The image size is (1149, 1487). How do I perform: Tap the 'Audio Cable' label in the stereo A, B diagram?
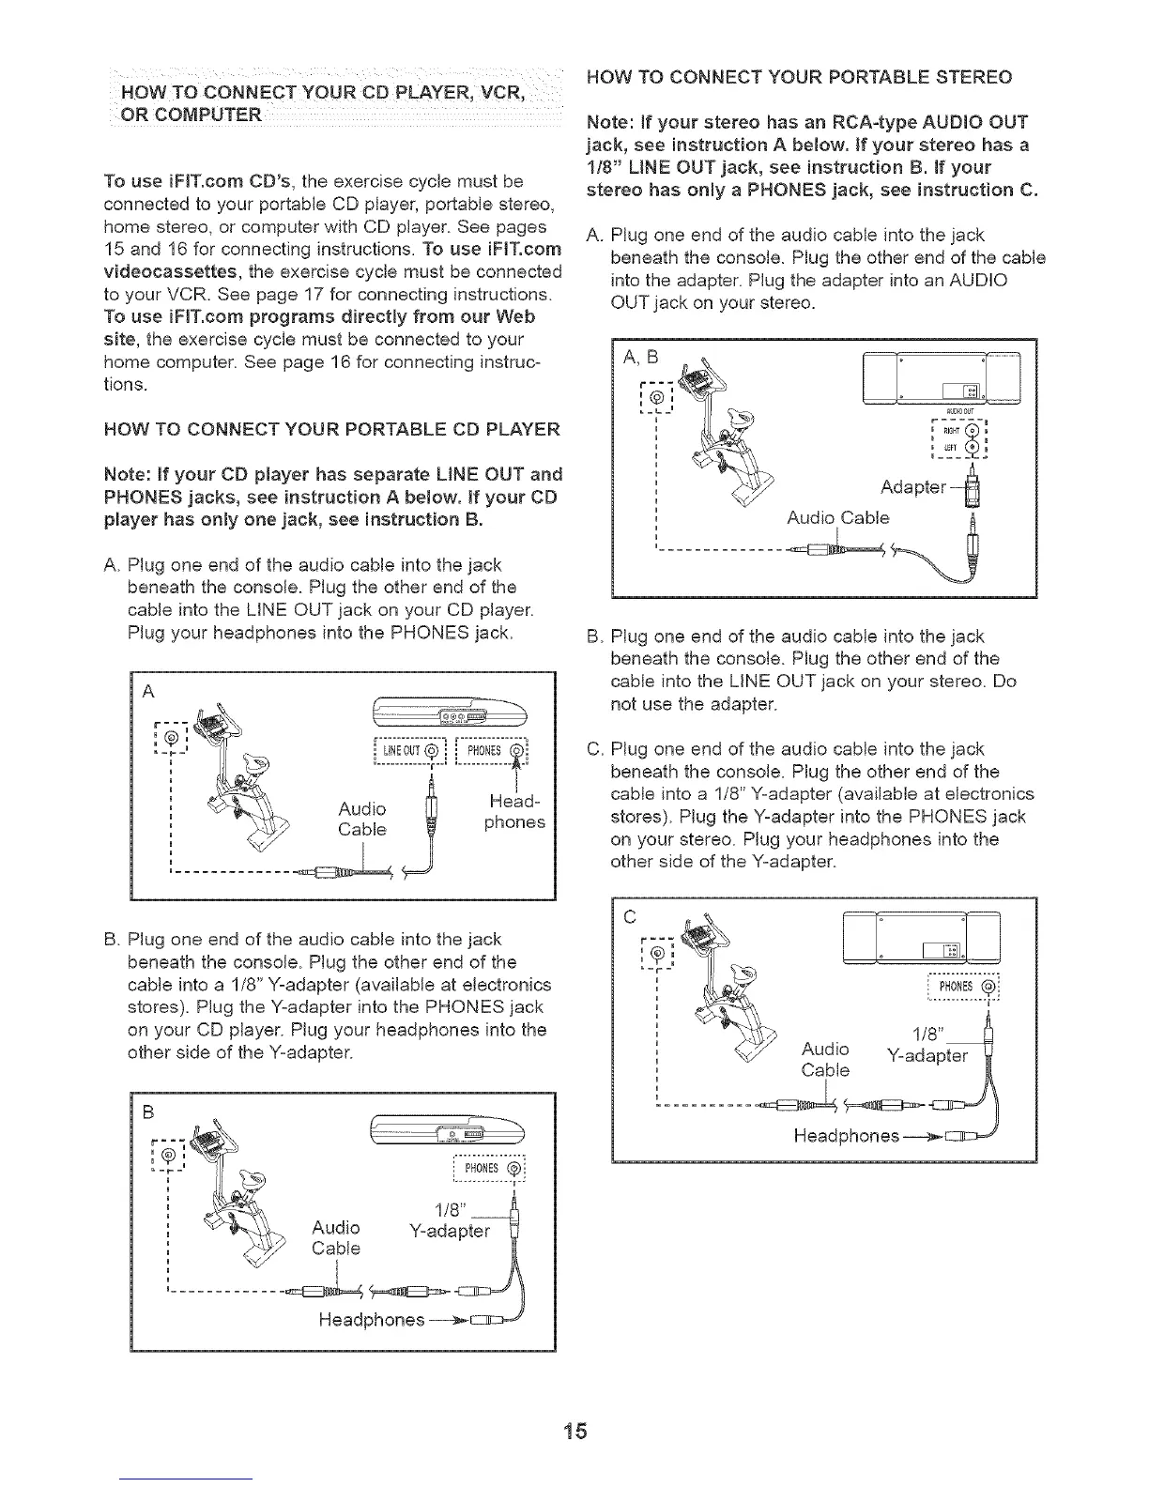pos(837,518)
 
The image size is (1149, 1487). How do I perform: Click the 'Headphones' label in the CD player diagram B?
pos(372,1320)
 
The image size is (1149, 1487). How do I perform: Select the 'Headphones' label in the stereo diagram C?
pos(846,1136)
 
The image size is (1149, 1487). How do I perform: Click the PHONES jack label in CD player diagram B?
pos(487,1170)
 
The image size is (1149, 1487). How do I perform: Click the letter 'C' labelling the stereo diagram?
pos(629,915)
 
